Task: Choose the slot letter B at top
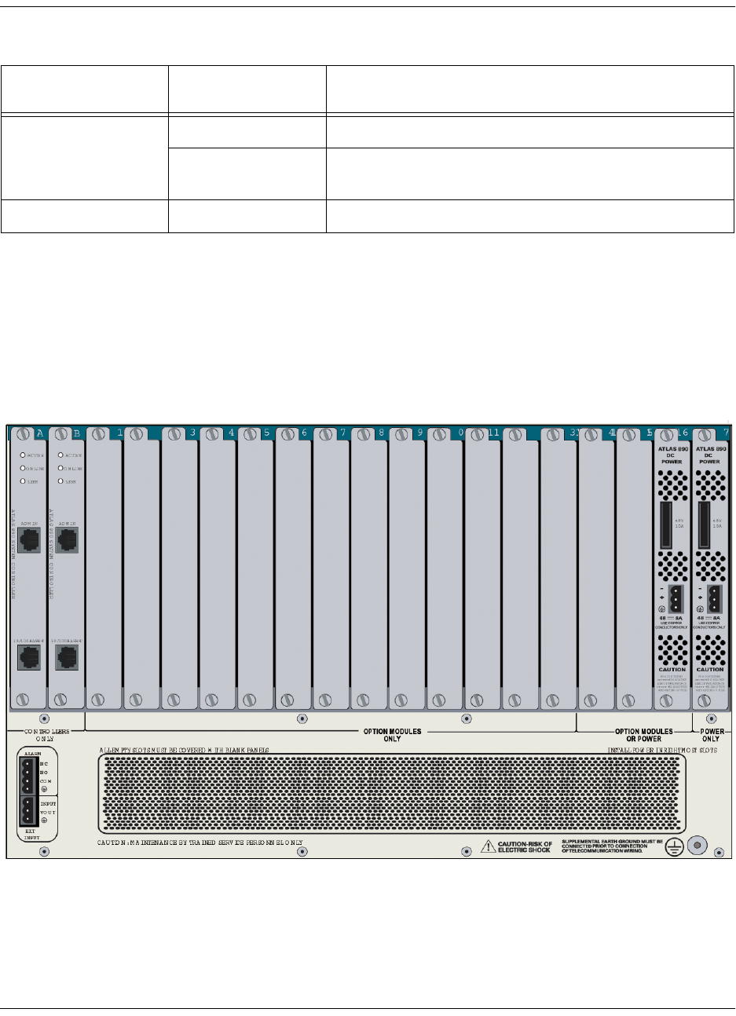pos(75,432)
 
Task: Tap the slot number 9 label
pos(419,433)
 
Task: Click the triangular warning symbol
pos(489,845)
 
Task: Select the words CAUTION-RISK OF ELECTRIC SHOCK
pos(525,846)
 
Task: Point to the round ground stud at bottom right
pos(696,845)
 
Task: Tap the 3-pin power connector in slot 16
pos(673,598)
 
